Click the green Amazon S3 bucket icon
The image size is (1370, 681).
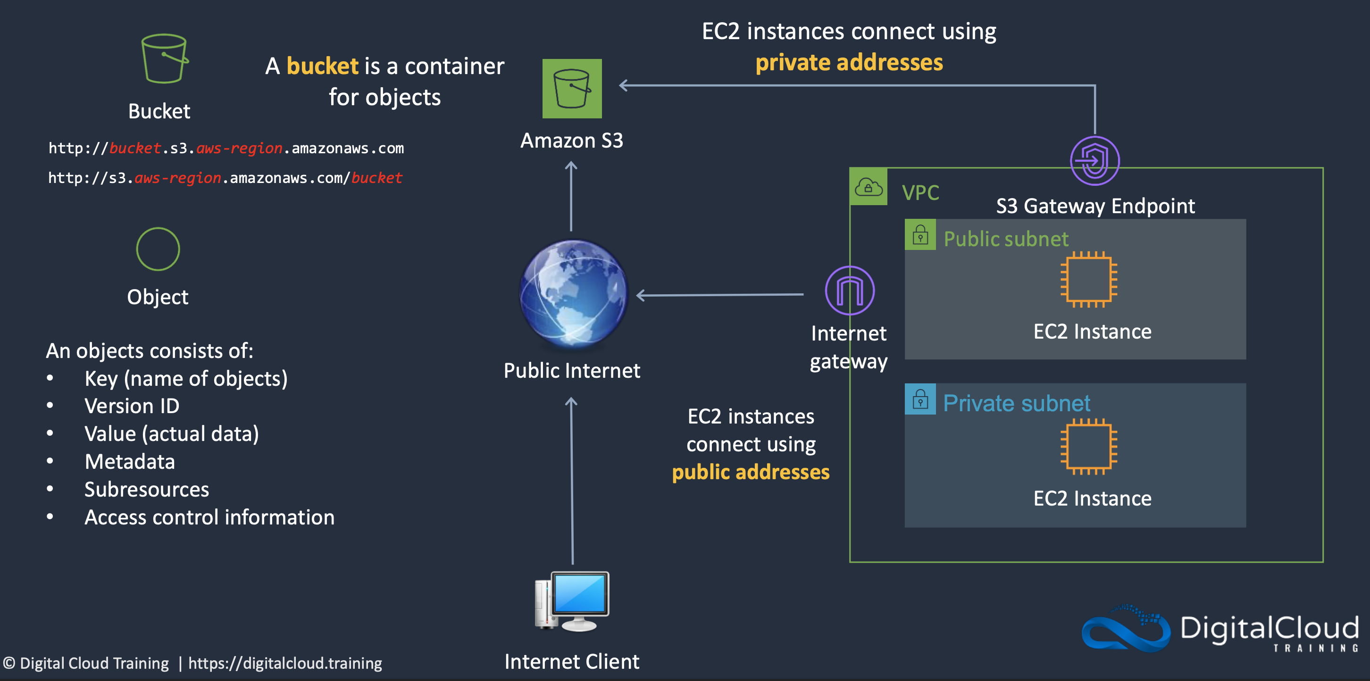[572, 89]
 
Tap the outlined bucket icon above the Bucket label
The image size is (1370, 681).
[164, 58]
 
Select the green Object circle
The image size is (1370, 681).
[158, 249]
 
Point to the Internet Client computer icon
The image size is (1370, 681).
[572, 601]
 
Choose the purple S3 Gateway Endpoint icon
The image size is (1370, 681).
[1094, 160]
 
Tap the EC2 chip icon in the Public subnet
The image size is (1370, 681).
[1088, 280]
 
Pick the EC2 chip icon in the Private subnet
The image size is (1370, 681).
[1088, 447]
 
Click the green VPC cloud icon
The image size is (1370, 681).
[868, 187]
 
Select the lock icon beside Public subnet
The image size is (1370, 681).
[920, 235]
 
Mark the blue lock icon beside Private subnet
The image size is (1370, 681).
[920, 399]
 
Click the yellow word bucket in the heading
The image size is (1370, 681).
[322, 66]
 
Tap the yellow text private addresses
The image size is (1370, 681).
[849, 63]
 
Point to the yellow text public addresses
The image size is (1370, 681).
[751, 472]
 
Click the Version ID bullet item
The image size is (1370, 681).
[132, 406]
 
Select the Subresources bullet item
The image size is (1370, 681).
[147, 490]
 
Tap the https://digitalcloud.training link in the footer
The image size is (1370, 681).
[285, 663]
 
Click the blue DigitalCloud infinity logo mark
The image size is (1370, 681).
[1125, 628]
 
